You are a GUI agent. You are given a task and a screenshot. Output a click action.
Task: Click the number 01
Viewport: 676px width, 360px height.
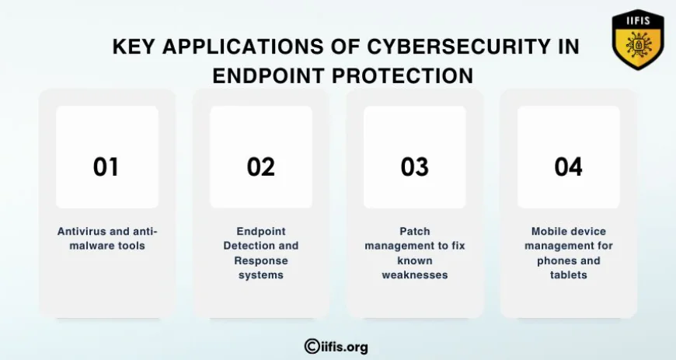point(106,167)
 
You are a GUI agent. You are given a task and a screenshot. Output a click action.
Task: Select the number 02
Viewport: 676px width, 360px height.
point(261,167)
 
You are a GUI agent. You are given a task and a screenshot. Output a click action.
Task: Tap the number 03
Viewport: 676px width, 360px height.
point(415,167)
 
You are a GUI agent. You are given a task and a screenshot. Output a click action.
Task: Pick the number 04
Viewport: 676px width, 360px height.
point(568,167)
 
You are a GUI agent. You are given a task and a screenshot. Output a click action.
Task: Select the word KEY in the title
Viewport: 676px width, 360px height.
point(132,47)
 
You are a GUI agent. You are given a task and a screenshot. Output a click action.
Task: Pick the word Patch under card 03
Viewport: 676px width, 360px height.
point(415,232)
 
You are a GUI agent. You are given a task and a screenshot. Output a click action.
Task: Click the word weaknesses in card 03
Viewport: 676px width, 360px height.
point(415,275)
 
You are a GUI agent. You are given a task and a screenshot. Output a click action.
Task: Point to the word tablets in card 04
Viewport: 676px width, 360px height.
point(569,275)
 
